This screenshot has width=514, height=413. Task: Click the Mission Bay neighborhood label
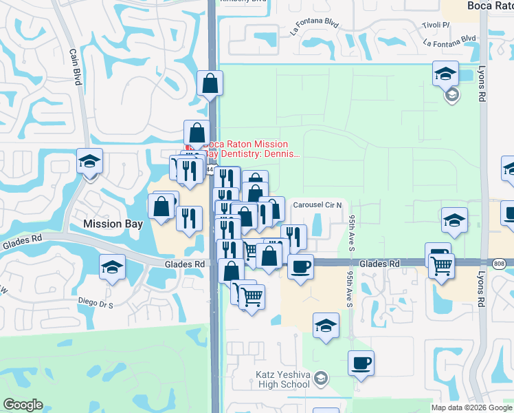click(111, 224)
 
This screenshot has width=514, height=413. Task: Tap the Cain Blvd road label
click(76, 67)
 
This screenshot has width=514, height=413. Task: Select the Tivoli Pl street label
click(436, 25)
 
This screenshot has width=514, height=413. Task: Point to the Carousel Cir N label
click(322, 205)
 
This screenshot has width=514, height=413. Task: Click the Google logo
click(23, 405)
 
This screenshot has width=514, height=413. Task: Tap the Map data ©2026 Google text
click(471, 407)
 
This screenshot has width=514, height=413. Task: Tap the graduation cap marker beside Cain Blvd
click(89, 161)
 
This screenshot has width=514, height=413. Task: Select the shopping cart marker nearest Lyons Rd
click(441, 265)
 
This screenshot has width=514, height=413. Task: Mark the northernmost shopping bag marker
click(209, 83)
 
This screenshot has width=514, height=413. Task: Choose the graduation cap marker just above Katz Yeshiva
click(326, 326)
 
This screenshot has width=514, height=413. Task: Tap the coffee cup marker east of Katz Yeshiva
click(361, 363)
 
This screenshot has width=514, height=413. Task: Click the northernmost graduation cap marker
click(445, 73)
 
